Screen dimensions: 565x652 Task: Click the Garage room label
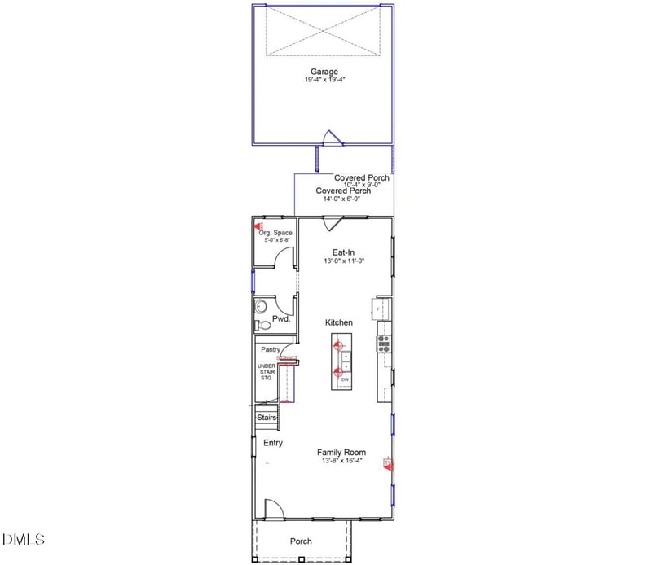tap(324, 72)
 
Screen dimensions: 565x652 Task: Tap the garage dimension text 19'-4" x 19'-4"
tap(324, 81)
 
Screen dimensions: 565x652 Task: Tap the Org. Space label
tap(275, 233)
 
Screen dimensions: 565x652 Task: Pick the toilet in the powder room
tap(261, 326)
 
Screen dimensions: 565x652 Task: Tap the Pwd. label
tap(281, 319)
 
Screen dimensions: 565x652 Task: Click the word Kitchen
tap(339, 323)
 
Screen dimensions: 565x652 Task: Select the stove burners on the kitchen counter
tap(384, 344)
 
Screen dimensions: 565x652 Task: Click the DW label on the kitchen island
tap(346, 380)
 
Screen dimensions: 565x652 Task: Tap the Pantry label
tap(270, 349)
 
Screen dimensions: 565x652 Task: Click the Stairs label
tap(267, 418)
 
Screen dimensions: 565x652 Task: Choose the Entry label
tap(272, 443)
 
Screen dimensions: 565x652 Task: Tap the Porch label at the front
tap(301, 541)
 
